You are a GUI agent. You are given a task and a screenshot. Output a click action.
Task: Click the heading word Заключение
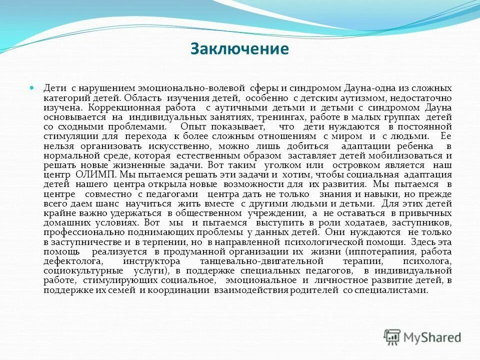[x=239, y=49]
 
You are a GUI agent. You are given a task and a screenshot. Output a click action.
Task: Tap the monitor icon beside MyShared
[x=392, y=337]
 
